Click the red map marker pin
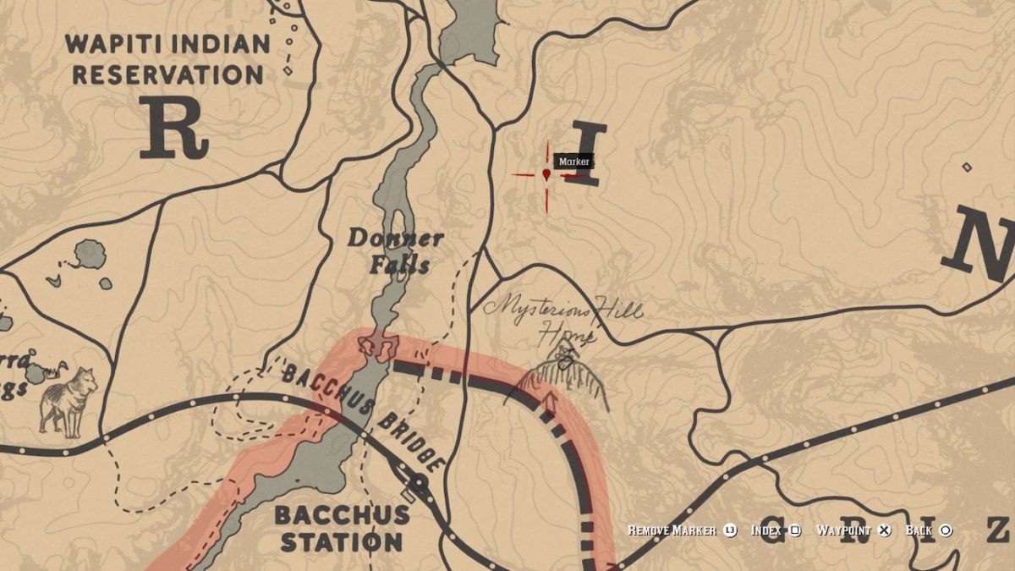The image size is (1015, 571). (x=546, y=174)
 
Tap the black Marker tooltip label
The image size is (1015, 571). (x=573, y=162)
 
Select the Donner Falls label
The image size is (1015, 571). (x=395, y=251)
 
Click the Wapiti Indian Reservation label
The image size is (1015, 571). (x=167, y=59)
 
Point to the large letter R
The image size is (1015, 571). (x=173, y=127)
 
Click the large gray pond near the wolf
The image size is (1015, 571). (x=90, y=253)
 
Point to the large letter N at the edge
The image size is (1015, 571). (x=981, y=245)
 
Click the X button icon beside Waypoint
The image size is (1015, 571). (x=885, y=530)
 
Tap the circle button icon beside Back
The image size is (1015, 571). (x=946, y=530)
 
